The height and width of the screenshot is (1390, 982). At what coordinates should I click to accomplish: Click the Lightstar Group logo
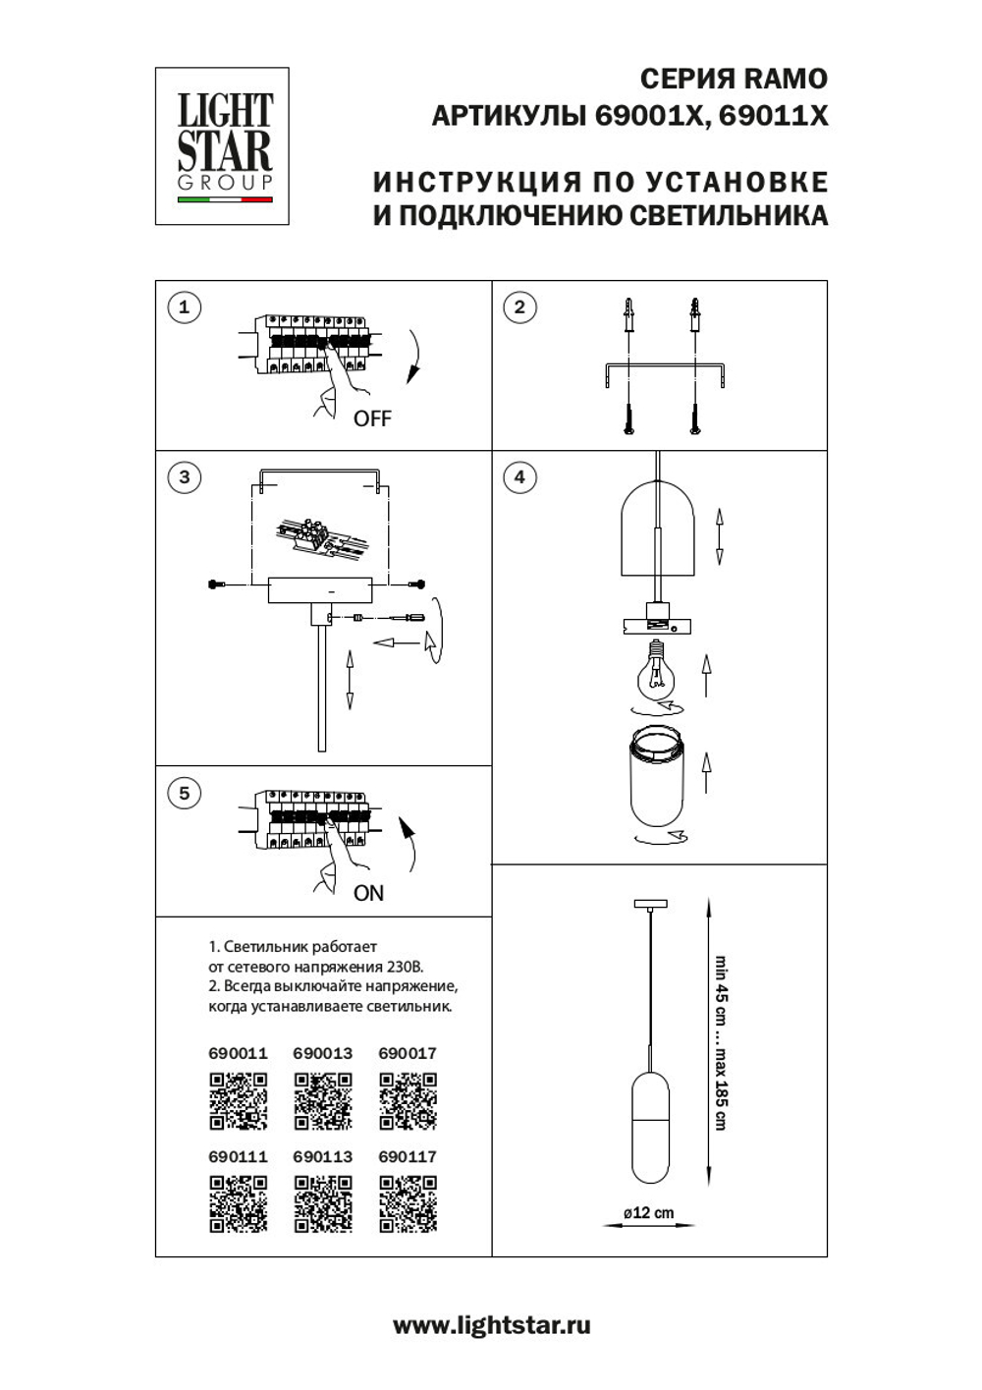click(222, 145)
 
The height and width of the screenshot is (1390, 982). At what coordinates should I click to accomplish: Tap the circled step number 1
click(184, 307)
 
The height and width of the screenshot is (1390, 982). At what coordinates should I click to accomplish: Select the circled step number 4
click(519, 477)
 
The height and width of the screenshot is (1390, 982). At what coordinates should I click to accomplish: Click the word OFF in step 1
click(372, 418)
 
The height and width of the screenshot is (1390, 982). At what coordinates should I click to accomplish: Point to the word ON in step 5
click(368, 893)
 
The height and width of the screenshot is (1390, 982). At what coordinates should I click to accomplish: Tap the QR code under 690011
click(238, 1100)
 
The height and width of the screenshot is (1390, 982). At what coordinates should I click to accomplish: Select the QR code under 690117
click(408, 1203)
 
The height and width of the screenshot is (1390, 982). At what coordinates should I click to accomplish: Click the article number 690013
click(322, 1053)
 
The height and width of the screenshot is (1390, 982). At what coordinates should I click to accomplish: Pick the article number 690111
click(238, 1156)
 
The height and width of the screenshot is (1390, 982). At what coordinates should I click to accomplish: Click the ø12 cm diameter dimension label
click(649, 1213)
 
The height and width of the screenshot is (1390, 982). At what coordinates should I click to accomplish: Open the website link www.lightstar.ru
click(491, 1325)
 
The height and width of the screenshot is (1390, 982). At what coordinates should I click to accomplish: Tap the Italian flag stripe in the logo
click(224, 199)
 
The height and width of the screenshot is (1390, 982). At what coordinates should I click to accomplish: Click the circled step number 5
click(184, 793)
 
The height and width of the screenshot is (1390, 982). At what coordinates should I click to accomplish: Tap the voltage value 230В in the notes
click(404, 967)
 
